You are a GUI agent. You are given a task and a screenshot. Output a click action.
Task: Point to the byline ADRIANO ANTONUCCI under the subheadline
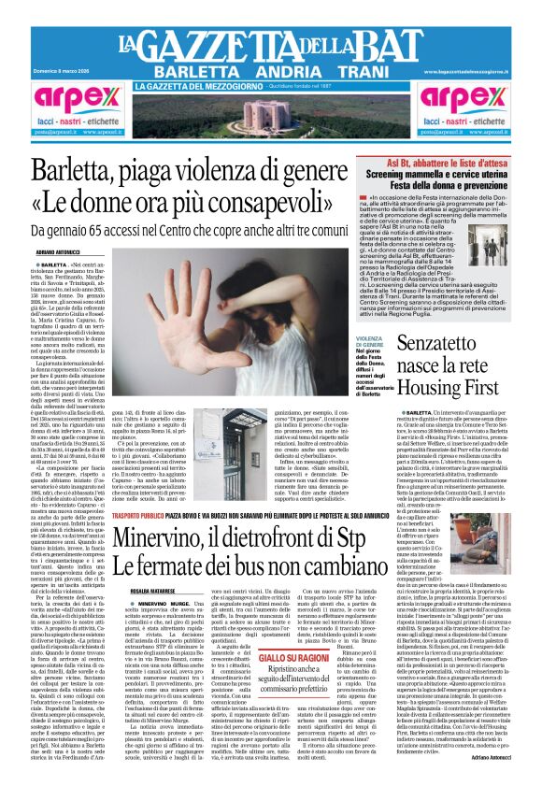click(x=59, y=252)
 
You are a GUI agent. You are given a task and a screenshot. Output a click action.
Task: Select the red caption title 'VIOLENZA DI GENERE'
click(x=371, y=320)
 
